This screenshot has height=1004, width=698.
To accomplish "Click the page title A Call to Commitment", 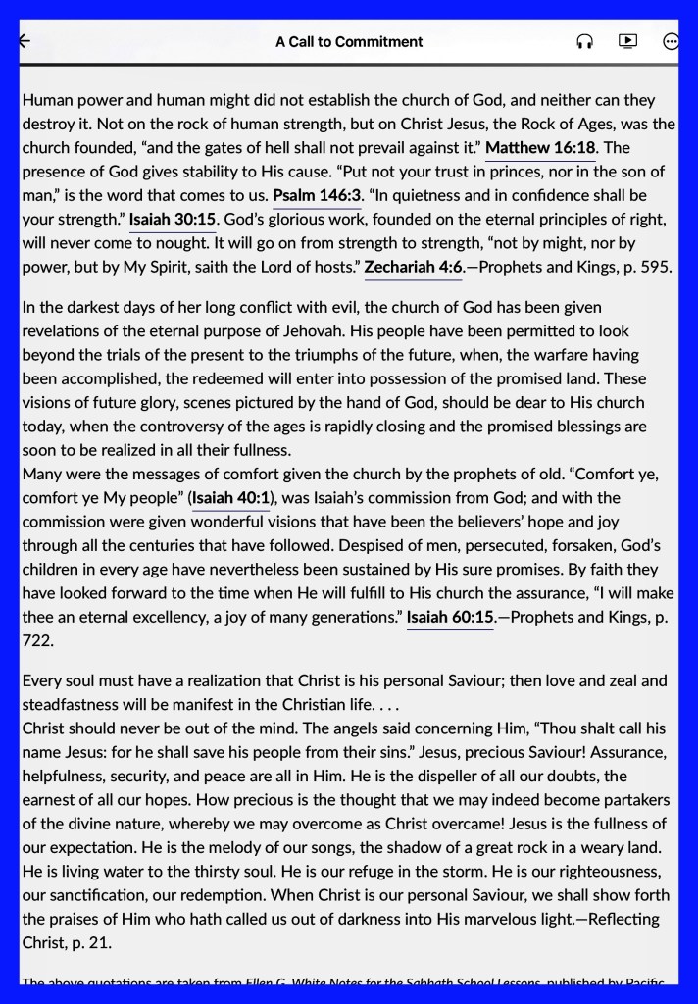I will point(349,42).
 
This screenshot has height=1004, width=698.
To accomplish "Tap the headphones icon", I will point(585,42).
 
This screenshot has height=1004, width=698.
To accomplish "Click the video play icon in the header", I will point(627,41).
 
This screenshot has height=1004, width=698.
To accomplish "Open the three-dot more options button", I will point(671,42).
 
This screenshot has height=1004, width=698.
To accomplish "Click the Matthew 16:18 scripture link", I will point(540,148).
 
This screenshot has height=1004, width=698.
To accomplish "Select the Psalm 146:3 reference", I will point(317,195).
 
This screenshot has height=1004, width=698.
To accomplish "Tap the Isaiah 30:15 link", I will point(173,219).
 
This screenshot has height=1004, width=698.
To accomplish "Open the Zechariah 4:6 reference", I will point(413,266).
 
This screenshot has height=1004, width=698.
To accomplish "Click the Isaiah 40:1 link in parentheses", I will point(231,498).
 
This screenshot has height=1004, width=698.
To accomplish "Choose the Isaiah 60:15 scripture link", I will point(450,617).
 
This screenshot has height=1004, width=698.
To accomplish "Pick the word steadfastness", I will point(71,704).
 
